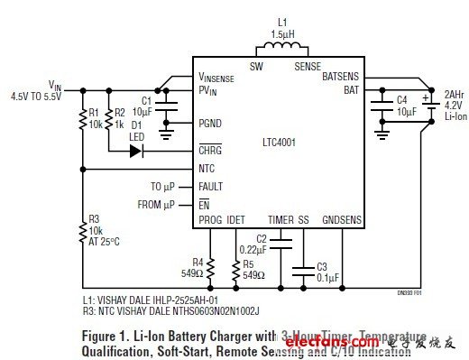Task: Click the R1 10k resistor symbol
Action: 82,118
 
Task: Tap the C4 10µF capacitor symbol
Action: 381,105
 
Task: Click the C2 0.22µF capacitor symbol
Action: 281,243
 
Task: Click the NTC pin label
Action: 207,169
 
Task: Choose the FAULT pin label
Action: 212,187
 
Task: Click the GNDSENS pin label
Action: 342,220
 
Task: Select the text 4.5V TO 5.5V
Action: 35,95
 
